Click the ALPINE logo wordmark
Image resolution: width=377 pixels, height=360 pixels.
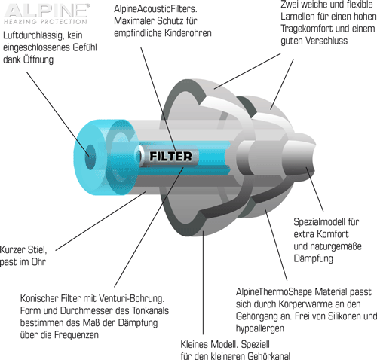(x=47, y=11)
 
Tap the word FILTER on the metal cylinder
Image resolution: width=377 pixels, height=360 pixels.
(x=170, y=156)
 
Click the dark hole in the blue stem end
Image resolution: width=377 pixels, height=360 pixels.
(x=90, y=157)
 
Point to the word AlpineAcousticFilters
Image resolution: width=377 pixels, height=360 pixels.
(x=155, y=9)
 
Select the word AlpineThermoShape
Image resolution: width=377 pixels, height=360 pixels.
(x=274, y=292)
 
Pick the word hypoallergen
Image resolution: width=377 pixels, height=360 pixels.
(x=260, y=328)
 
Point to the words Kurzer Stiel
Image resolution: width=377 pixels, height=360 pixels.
(x=23, y=250)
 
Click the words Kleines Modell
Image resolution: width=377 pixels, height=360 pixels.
(x=209, y=344)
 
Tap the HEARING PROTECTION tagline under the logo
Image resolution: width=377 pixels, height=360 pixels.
(x=45, y=22)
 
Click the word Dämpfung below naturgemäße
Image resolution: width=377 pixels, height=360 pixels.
(x=314, y=258)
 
